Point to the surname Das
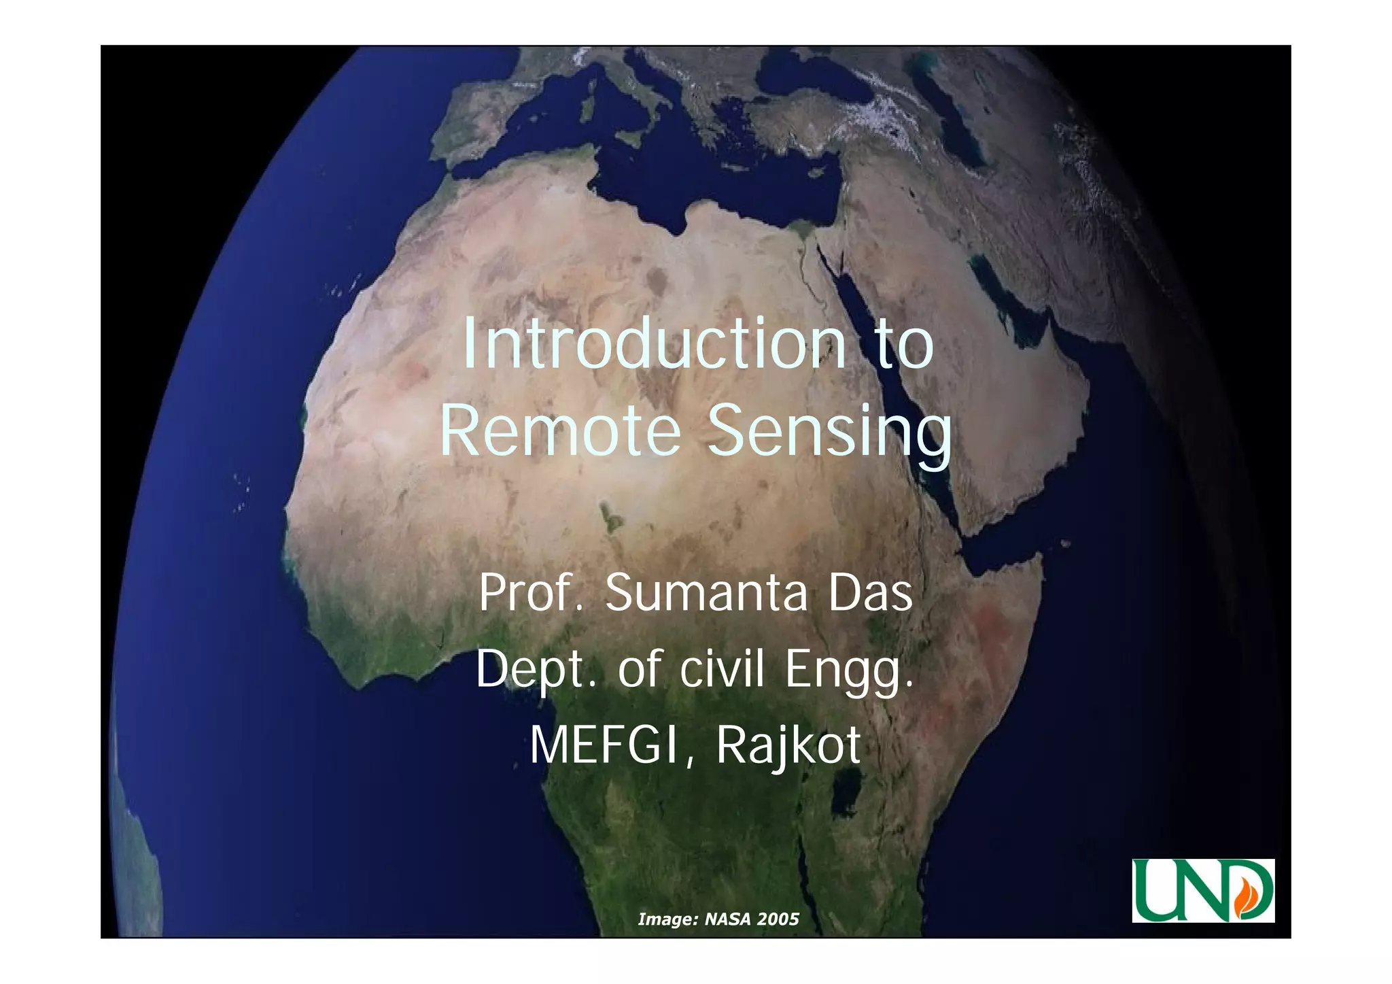(x=871, y=592)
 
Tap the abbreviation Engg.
(x=850, y=671)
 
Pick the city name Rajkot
(x=788, y=747)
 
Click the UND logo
(x=1202, y=890)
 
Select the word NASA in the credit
(x=727, y=919)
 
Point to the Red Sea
(x=884, y=381)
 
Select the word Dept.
(x=530, y=669)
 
